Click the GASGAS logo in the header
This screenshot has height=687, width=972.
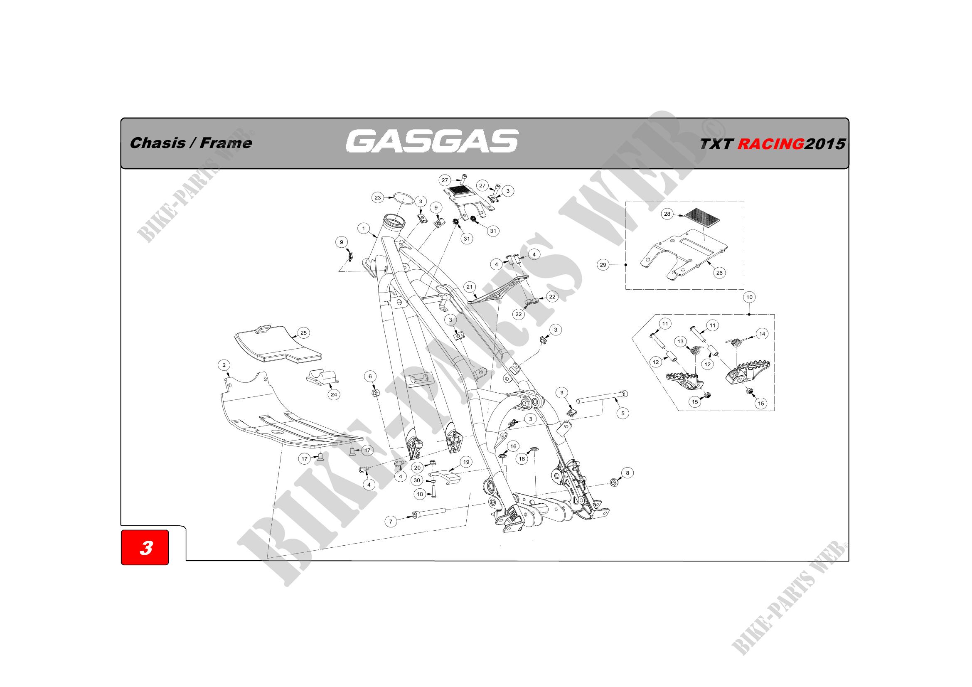(x=432, y=141)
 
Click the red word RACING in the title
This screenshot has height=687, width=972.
(x=770, y=144)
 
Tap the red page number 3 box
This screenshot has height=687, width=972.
(x=145, y=547)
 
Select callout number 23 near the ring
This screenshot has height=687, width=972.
(x=378, y=197)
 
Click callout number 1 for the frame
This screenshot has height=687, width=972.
(x=363, y=229)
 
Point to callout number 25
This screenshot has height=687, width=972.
(x=303, y=333)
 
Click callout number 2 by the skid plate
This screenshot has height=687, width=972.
(x=224, y=365)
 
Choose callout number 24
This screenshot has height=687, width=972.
(x=334, y=394)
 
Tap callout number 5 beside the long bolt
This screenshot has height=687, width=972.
(x=623, y=413)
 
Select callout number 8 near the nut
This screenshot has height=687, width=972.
(x=627, y=473)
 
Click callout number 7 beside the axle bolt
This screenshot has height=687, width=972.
(x=391, y=522)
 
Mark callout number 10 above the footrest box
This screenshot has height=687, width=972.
(x=749, y=297)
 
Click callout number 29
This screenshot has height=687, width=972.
(x=603, y=265)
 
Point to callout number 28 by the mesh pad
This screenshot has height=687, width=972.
(x=667, y=214)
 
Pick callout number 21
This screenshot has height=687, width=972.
(x=470, y=287)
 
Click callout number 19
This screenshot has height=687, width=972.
(x=466, y=462)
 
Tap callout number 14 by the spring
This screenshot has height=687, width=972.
(x=762, y=334)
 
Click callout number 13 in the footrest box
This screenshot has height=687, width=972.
(x=680, y=342)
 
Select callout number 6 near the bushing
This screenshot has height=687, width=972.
(x=370, y=376)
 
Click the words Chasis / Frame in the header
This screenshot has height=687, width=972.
(x=191, y=143)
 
